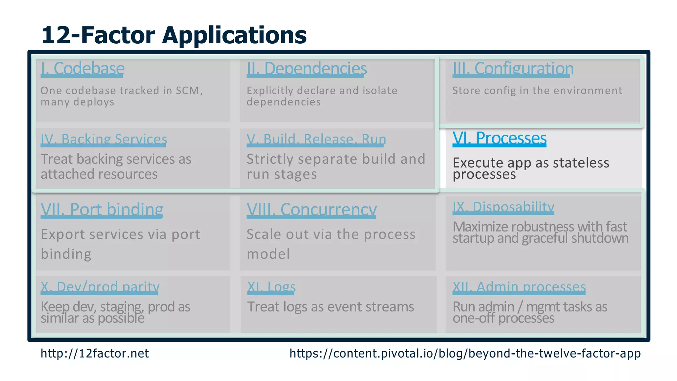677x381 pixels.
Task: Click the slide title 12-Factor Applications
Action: (x=174, y=35)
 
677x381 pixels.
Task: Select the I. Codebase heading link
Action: (x=82, y=68)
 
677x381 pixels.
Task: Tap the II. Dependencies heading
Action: (x=306, y=68)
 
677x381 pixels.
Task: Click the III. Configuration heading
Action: (x=513, y=68)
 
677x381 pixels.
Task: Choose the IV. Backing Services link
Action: (x=104, y=139)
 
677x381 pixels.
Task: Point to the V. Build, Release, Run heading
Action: (x=316, y=139)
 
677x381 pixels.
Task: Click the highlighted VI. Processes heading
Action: (x=499, y=138)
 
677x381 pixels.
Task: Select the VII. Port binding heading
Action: (x=102, y=210)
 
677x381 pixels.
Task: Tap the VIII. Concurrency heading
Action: (x=311, y=210)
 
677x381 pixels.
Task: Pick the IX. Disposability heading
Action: (x=503, y=207)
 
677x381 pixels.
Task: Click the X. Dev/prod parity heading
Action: (x=100, y=287)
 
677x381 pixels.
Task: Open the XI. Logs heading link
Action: (x=271, y=287)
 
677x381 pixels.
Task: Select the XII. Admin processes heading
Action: (x=519, y=287)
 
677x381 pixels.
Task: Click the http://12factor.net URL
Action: (x=95, y=354)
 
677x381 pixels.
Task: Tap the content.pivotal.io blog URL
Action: (x=465, y=354)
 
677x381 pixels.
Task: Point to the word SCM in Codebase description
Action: (x=188, y=91)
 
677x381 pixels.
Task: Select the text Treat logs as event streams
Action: (x=330, y=307)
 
